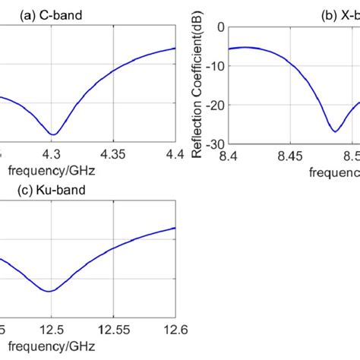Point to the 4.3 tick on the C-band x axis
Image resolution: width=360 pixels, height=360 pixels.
pyautogui.click(x=52, y=155)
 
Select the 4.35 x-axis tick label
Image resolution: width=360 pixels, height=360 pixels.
pyautogui.click(x=113, y=155)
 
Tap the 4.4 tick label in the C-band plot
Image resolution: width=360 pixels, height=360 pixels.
pyautogui.click(x=174, y=155)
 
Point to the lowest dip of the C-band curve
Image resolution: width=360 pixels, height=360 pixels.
pyautogui.click(x=52, y=134)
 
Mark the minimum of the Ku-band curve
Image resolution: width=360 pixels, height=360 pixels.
pyautogui.click(x=49, y=291)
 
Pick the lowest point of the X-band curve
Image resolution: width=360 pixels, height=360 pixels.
pyautogui.click(x=335, y=131)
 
